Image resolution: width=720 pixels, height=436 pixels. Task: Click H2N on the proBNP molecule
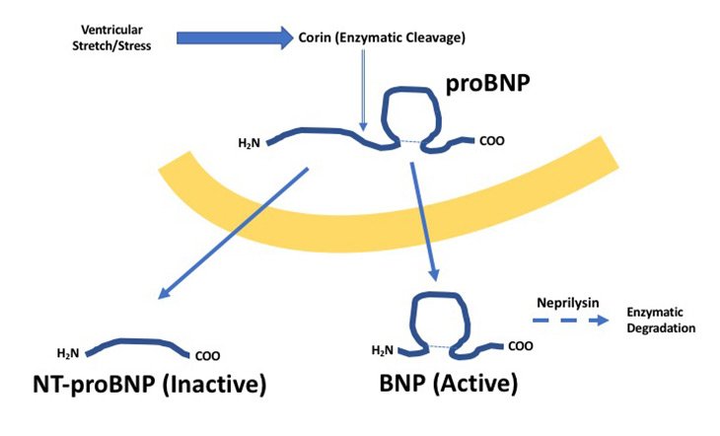click(x=251, y=144)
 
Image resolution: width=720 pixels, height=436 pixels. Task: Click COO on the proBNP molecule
click(x=494, y=141)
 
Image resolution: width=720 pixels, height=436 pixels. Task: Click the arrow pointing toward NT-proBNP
click(x=232, y=233)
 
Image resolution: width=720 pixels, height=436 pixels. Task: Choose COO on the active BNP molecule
click(x=524, y=346)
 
